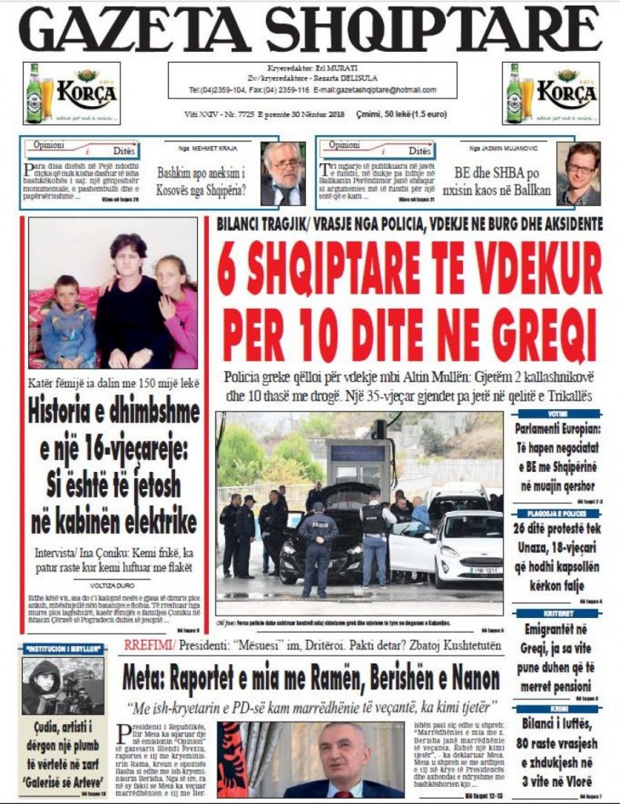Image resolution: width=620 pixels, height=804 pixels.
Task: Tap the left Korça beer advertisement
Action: point(71,93)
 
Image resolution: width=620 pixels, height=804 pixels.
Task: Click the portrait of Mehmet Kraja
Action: point(283,174)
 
